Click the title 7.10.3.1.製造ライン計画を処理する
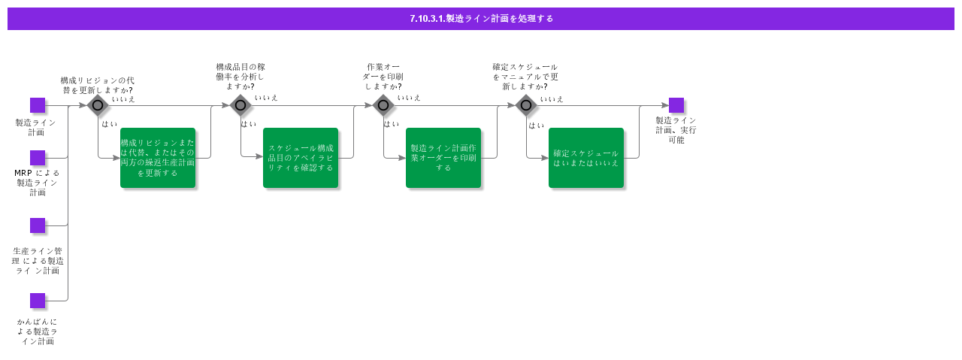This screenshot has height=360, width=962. click(481, 19)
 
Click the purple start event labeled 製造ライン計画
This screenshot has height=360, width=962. click(38, 105)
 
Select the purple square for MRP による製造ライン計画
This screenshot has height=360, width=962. click(38, 158)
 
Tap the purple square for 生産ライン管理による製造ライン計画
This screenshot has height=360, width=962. click(38, 225)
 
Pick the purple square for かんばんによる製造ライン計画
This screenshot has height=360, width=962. click(38, 301)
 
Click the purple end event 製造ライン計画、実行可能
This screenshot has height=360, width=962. click(676, 105)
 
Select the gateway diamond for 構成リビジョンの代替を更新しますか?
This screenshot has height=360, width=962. click(98, 105)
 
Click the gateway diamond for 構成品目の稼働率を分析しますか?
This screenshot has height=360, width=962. click(240, 105)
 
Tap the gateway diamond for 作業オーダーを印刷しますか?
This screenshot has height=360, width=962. click(383, 105)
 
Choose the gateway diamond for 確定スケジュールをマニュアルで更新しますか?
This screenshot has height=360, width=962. click(526, 105)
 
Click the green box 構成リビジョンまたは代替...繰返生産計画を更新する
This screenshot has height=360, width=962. click(158, 158)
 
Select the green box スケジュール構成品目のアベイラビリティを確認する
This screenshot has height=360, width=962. click(301, 158)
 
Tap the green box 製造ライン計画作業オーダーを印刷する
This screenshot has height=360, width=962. click(443, 158)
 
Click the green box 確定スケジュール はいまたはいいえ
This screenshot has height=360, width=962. click(586, 158)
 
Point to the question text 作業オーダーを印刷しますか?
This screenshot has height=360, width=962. click(383, 77)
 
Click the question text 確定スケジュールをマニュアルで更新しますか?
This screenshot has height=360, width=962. click(525, 77)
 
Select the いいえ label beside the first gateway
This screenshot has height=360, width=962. click(123, 98)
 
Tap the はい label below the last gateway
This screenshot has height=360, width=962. click(536, 126)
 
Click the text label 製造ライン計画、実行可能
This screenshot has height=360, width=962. click(676, 130)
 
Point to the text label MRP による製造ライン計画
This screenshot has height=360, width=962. click(38, 183)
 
